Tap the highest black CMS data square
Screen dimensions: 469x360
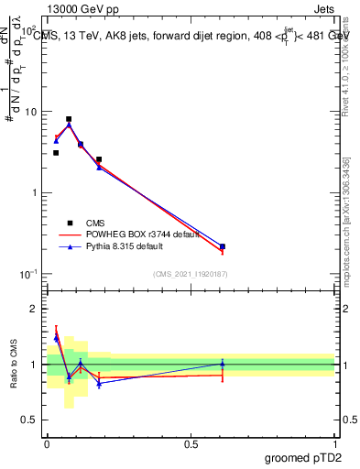point(69,119)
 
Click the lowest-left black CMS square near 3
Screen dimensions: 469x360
point(56,153)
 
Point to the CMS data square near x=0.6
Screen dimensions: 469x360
point(223,246)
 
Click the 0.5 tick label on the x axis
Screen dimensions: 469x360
point(191,443)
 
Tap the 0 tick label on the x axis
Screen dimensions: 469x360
point(47,443)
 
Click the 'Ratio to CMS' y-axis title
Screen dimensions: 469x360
point(14,365)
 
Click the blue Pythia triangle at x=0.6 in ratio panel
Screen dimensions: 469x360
point(223,364)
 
